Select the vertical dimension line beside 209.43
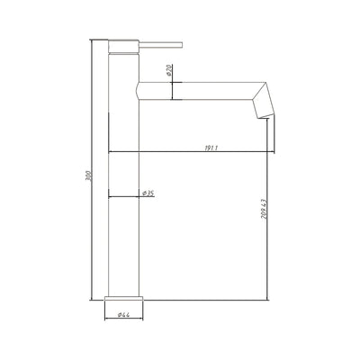click(272, 225)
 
